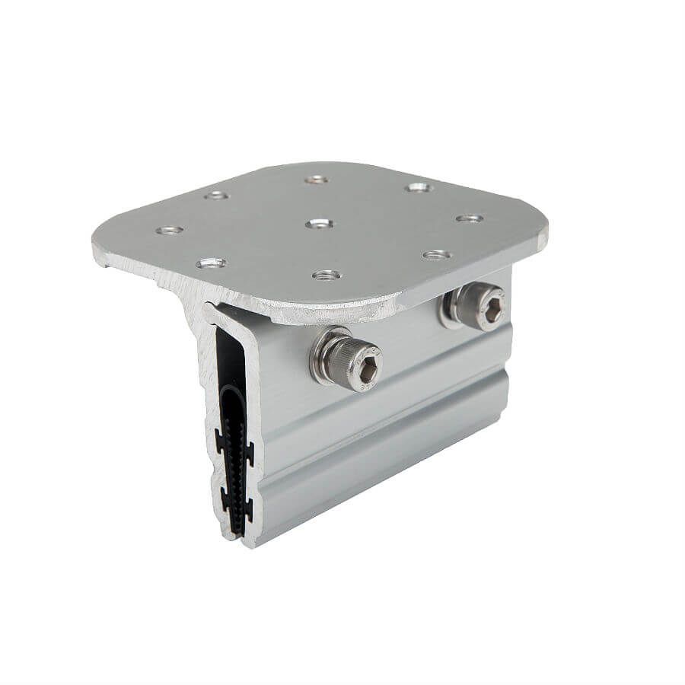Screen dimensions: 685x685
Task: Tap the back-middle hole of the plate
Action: pos(314,180)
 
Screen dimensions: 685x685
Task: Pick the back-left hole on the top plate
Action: pos(218,196)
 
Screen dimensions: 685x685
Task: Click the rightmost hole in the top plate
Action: pos(470,218)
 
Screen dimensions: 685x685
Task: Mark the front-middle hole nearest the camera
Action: pos(325,273)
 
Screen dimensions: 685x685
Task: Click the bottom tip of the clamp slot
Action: pos(237,542)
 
